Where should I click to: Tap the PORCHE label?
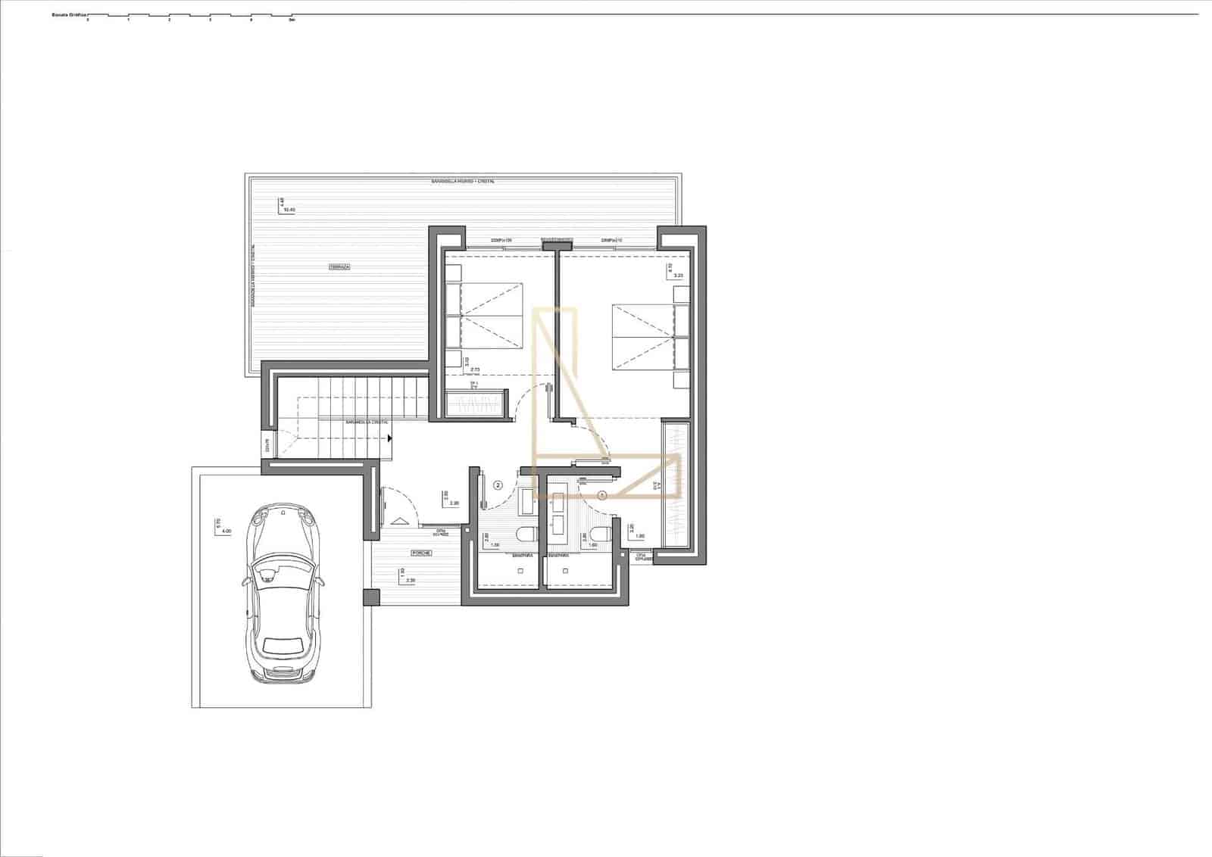click(x=422, y=553)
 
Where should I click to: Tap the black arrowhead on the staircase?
click(x=389, y=438)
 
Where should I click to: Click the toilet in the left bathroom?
click(x=524, y=536)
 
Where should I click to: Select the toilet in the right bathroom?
click(x=599, y=536)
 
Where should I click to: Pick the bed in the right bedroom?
click(x=642, y=337)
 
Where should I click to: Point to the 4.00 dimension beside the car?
click(x=226, y=531)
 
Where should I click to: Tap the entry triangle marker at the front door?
click(x=399, y=519)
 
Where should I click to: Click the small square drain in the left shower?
click(x=521, y=572)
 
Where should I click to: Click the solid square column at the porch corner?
click(x=370, y=597)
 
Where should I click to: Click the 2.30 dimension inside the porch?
click(x=411, y=581)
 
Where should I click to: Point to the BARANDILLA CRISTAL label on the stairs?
click(x=367, y=422)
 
